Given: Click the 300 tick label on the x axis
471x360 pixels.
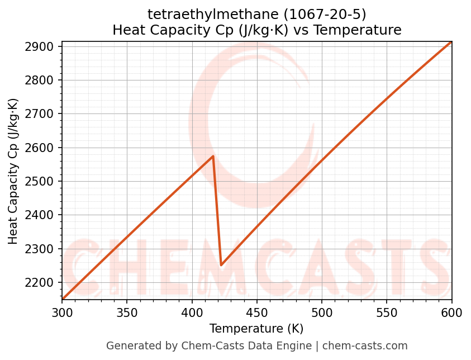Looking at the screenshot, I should point(62,312).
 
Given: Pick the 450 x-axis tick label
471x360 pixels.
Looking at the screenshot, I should point(257,312).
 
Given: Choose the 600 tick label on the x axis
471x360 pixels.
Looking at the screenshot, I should point(451,312).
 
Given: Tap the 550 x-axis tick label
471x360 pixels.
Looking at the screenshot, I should point(387,312).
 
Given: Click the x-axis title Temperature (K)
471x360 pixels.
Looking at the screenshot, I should point(256,329).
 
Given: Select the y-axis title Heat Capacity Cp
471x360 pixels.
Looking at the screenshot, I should point(13,171).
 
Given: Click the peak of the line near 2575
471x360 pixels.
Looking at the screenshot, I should point(213,157).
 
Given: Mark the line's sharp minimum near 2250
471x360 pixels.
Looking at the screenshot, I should point(221,265).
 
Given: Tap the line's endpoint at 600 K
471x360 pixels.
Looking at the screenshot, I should point(451,42).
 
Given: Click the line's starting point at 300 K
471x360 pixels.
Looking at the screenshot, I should point(62,299).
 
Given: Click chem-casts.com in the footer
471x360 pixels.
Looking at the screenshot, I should point(365,346).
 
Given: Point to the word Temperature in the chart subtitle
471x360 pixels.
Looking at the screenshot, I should point(358,30).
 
